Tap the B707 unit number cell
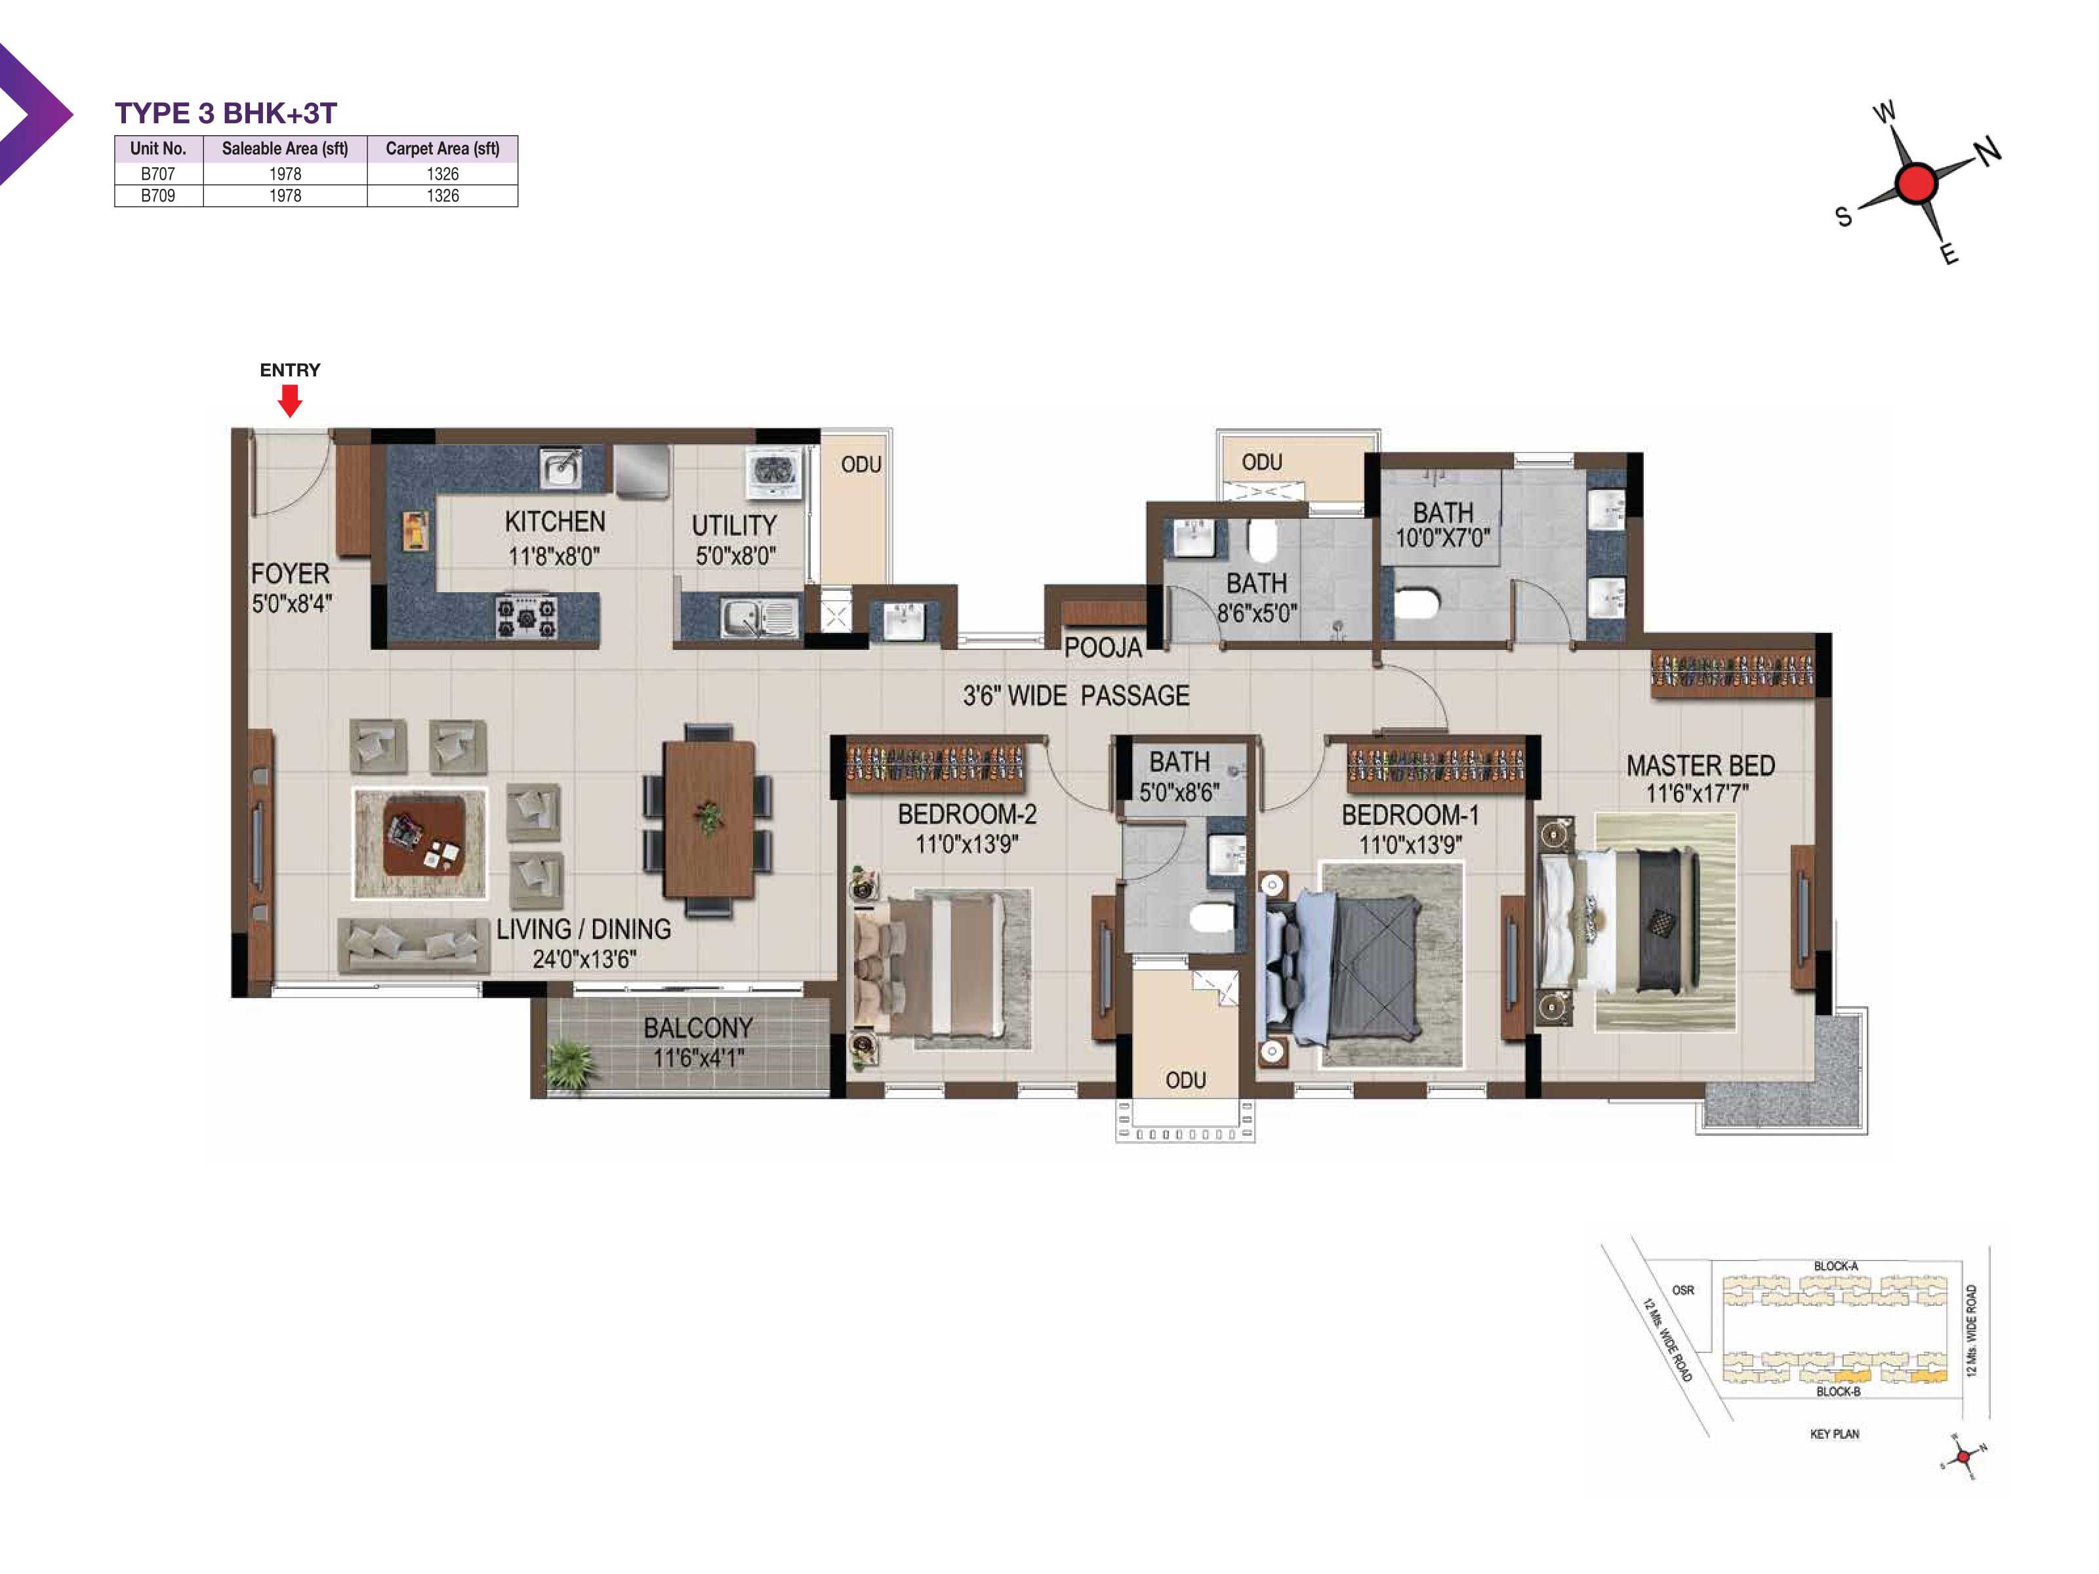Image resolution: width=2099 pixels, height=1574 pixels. coord(157,174)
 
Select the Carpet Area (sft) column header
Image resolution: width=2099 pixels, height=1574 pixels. coord(442,148)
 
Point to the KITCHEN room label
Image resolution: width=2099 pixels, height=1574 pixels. coord(555,522)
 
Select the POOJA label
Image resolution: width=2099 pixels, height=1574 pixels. coord(1103,648)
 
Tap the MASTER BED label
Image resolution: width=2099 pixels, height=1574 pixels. coord(1700,765)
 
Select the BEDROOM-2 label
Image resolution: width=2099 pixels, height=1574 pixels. coord(967,814)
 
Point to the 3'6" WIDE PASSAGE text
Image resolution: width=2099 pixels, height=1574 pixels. coord(1076,696)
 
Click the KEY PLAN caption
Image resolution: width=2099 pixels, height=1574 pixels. coord(1834,1434)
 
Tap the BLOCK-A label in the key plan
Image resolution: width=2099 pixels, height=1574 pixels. coord(1836,1266)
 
